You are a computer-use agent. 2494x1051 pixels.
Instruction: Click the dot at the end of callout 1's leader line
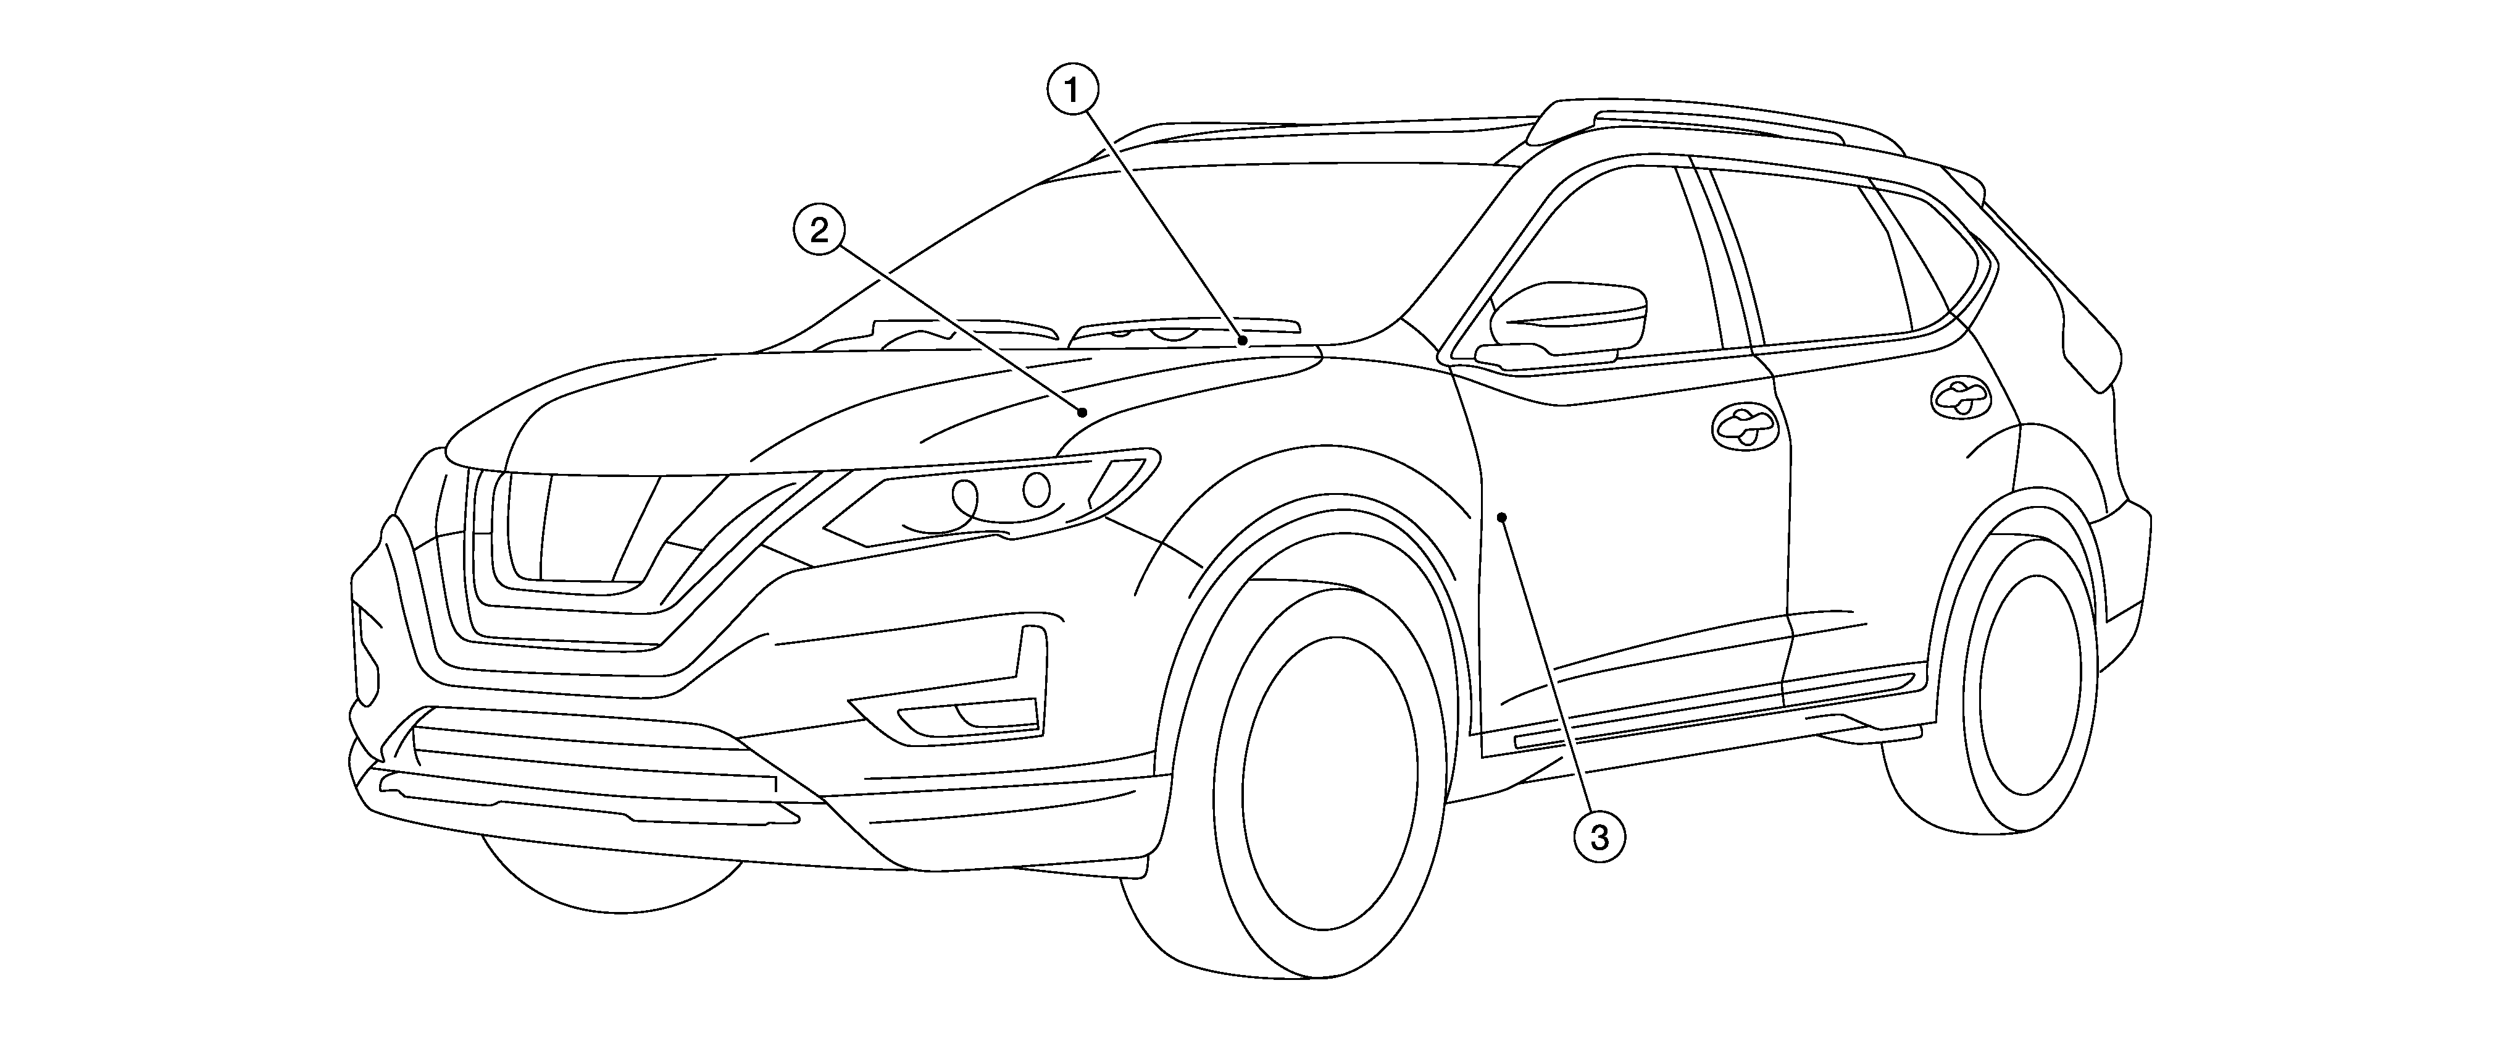coord(1242,340)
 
